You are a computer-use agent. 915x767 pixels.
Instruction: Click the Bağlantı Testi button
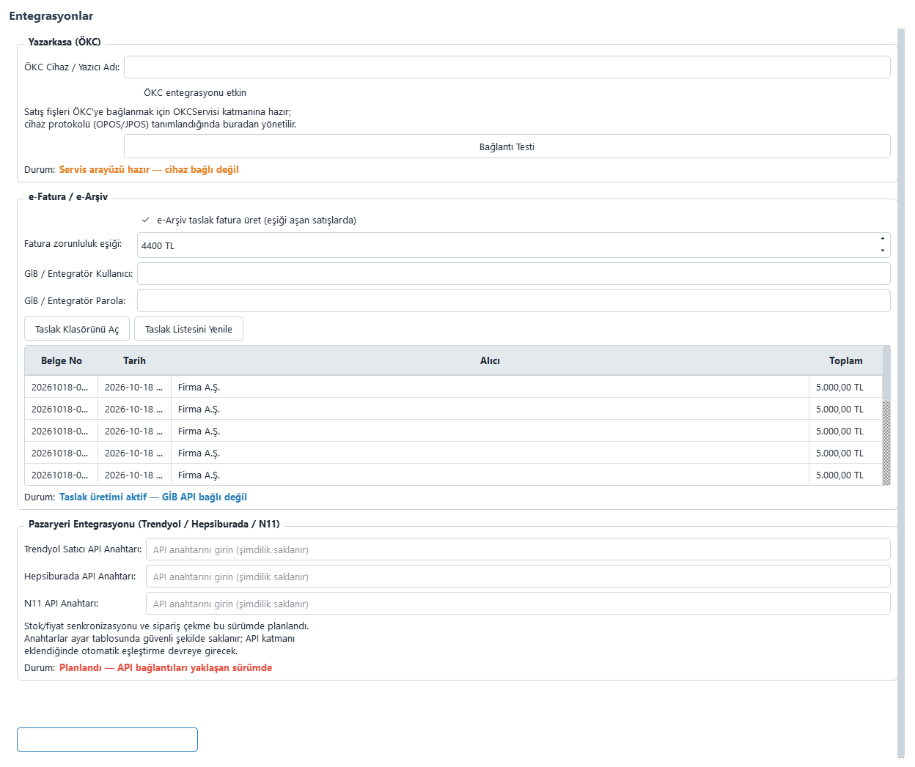[507, 147]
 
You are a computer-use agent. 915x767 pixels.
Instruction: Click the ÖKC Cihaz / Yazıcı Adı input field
[507, 67]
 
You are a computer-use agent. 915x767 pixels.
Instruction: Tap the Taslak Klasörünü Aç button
[77, 329]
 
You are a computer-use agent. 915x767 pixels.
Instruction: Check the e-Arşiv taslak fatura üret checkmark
[145, 220]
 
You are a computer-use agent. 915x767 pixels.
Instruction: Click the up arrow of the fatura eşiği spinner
[883, 239]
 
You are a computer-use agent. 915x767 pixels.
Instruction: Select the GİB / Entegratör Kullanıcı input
[514, 274]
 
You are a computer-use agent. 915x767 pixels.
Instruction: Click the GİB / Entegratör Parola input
[514, 301]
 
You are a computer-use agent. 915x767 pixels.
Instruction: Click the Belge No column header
[62, 360]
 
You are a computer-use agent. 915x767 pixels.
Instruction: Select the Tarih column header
[134, 360]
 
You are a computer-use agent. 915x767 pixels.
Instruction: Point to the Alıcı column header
[490, 360]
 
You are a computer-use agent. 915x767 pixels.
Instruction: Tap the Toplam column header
[845, 360]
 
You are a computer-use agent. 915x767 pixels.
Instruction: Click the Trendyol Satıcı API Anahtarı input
[518, 549]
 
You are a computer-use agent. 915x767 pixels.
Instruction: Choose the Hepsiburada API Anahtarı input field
[518, 576]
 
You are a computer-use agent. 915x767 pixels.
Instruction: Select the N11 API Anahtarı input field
[518, 603]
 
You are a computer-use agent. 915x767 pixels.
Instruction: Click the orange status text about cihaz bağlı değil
[149, 169]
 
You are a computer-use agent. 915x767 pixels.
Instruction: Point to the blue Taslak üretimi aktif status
[153, 497]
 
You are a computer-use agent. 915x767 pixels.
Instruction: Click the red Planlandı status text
[166, 667]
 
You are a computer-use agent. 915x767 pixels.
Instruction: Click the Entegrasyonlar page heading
[51, 16]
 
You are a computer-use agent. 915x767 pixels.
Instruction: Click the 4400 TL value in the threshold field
[158, 245]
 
